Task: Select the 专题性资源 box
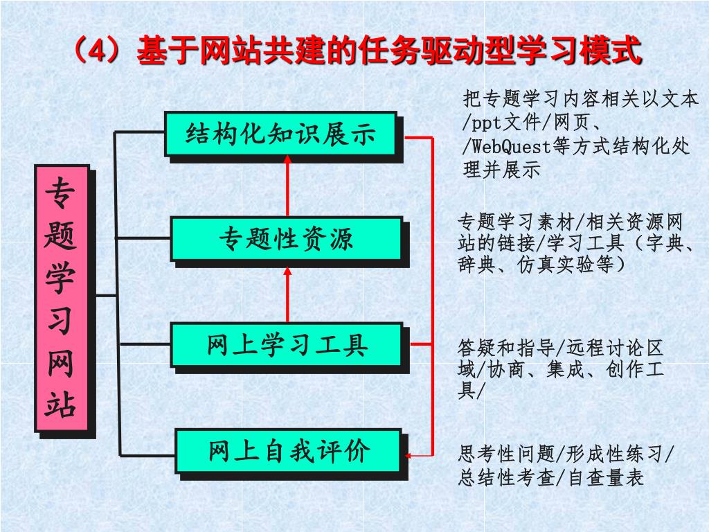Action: pos(286,239)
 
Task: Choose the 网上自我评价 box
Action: pos(288,451)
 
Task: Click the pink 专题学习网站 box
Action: pos(61,298)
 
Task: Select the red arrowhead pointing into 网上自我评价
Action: pos(410,456)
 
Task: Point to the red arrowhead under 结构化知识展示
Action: pos(287,161)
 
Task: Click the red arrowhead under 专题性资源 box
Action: pos(287,269)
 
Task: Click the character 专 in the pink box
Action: pos(61,194)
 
